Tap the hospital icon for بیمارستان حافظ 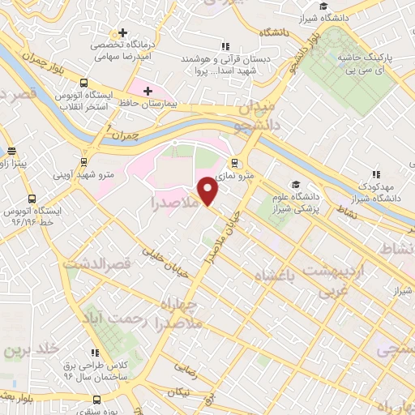point(147,89)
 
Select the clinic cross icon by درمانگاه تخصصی point(122,33)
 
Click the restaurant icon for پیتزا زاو point(11,151)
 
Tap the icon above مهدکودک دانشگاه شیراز point(375,173)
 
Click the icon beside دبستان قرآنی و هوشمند point(226,46)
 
